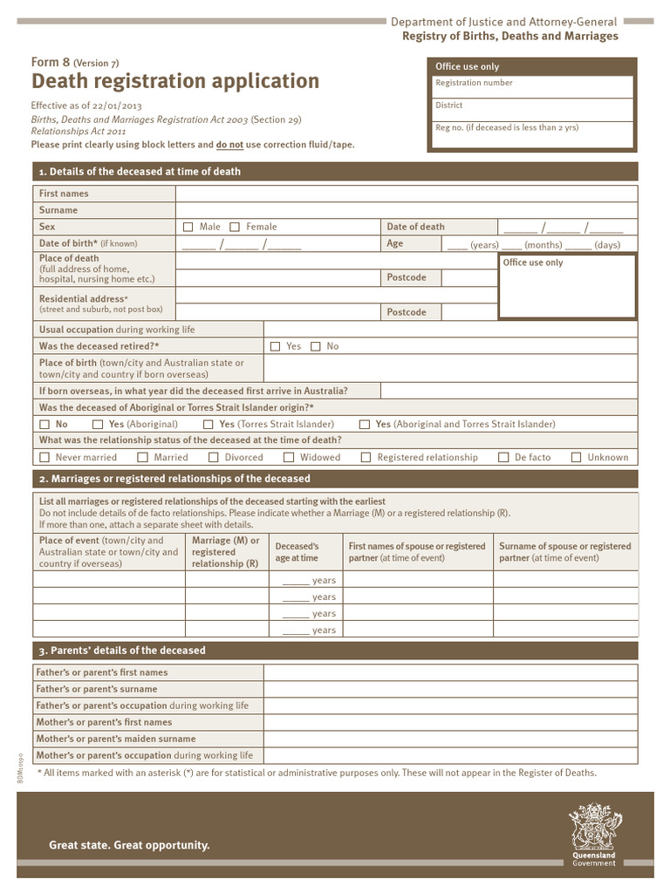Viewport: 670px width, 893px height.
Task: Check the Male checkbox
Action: (188, 227)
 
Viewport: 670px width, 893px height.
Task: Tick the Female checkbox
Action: (235, 227)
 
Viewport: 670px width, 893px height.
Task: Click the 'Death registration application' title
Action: (175, 81)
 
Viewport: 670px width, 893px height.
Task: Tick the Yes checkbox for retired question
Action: (276, 346)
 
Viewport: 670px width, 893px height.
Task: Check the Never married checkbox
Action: (45, 457)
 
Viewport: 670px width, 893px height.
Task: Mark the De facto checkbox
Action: (503, 457)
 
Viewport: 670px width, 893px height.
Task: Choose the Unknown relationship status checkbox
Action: (577, 457)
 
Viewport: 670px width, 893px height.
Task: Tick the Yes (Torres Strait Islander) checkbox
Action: (209, 425)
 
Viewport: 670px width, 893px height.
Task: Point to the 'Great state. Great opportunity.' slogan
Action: (129, 845)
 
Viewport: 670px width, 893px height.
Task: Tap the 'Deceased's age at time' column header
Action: (297, 552)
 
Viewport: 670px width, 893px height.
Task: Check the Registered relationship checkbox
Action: (366, 457)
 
